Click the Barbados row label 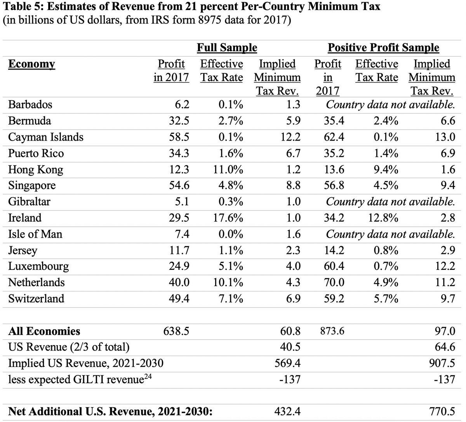point(30,105)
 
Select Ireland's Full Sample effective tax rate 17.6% point(227,218)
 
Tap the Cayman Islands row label point(46,137)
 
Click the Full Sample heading point(227,48)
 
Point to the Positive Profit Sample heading point(384,48)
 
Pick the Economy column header point(32,64)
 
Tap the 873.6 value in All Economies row point(329,331)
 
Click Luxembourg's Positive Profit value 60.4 point(334,266)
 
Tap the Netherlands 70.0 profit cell point(334,283)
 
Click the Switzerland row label point(37,299)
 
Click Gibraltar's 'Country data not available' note point(390,202)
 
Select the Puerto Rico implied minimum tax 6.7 point(292,153)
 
